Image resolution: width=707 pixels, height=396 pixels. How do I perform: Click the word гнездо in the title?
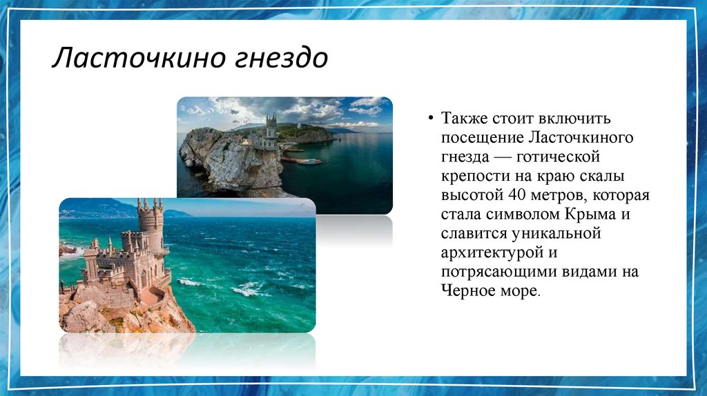(x=280, y=59)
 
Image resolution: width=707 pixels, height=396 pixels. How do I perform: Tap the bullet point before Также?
(x=430, y=119)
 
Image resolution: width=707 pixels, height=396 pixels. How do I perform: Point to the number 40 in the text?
(x=516, y=195)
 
